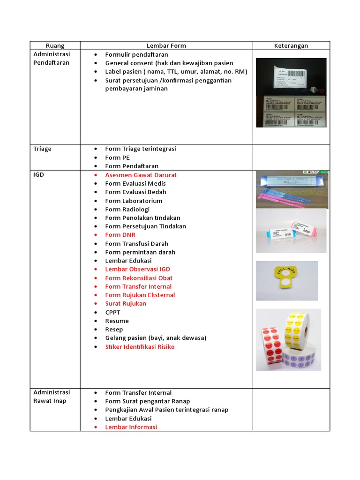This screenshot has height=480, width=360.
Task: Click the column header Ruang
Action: tap(55, 45)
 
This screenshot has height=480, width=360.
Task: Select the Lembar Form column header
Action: tap(166, 45)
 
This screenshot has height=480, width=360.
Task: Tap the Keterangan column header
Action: tap(291, 45)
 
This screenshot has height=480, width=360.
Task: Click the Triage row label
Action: tap(42, 149)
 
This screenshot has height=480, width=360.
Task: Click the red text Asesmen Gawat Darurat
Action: tap(141, 175)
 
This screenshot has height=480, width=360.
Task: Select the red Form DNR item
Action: tap(120, 235)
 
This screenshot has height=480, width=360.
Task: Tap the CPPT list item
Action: tap(112, 312)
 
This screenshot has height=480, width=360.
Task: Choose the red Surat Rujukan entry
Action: tap(126, 304)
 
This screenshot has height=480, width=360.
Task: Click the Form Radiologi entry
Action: tap(127, 209)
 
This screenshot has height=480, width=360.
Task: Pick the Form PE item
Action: tap(117, 157)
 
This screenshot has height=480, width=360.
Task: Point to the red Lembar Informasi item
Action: tap(131, 427)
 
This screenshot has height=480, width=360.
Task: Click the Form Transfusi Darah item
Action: tap(136, 244)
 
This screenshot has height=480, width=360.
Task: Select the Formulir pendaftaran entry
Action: tap(136, 54)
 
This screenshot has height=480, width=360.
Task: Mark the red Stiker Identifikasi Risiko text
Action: tap(140, 347)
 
